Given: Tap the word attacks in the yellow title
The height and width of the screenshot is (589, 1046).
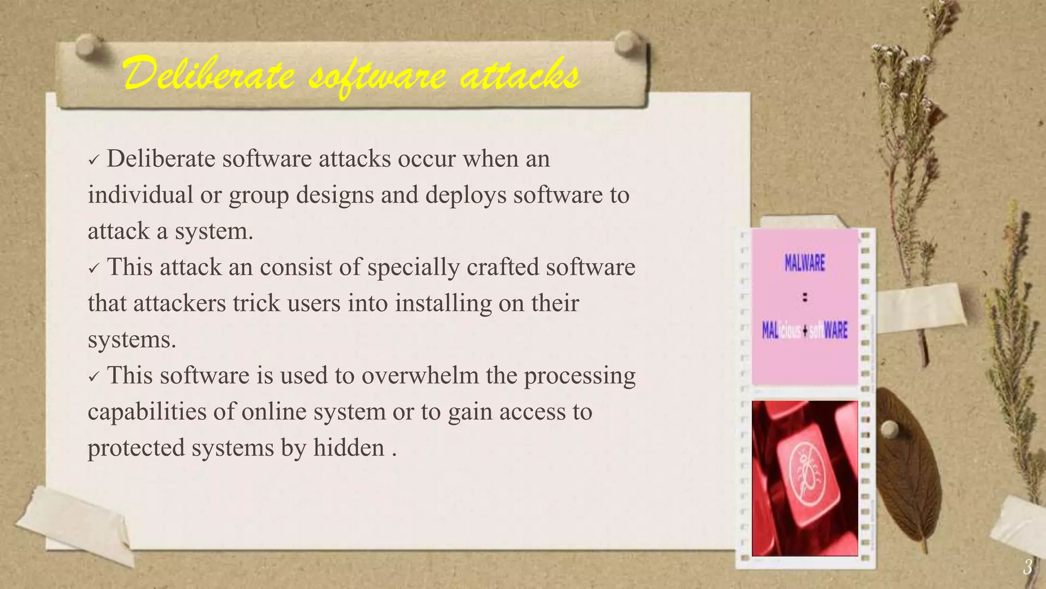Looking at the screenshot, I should click(x=519, y=76).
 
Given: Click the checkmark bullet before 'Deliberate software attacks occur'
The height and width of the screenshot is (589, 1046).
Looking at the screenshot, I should click(x=93, y=161).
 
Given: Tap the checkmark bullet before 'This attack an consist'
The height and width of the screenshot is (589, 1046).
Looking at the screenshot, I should click(x=93, y=269).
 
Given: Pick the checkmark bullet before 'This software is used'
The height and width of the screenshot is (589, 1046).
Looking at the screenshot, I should click(x=93, y=377).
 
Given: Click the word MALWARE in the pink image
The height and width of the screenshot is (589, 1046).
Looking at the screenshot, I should click(x=805, y=263).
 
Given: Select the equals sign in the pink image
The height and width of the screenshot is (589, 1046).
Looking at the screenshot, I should click(x=805, y=297).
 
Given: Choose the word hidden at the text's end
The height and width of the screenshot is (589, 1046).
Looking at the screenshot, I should click(x=349, y=448).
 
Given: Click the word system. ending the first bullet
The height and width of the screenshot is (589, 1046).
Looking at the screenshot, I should click(x=214, y=232).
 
